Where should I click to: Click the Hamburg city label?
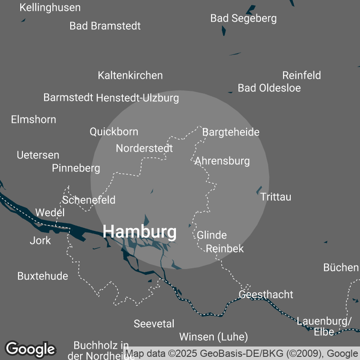(x=139, y=232)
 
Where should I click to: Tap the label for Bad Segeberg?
(x=243, y=18)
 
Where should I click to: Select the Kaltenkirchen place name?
(x=130, y=75)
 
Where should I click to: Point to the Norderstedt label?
(x=144, y=148)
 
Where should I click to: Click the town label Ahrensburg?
(x=222, y=161)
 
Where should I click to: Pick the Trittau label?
(x=275, y=197)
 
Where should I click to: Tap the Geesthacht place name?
(x=265, y=295)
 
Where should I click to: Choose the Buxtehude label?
(x=43, y=276)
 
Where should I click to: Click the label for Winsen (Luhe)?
(x=213, y=337)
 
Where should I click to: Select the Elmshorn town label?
(x=34, y=120)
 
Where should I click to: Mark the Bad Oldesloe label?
(x=269, y=88)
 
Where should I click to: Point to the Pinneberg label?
(x=76, y=168)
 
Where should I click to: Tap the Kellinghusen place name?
(x=50, y=8)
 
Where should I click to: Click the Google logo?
(x=31, y=349)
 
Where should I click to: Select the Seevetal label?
(x=154, y=324)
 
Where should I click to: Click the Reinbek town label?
(x=225, y=248)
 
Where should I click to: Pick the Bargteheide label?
(x=231, y=132)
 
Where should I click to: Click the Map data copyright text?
(x=242, y=354)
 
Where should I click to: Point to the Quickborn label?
(x=114, y=132)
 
